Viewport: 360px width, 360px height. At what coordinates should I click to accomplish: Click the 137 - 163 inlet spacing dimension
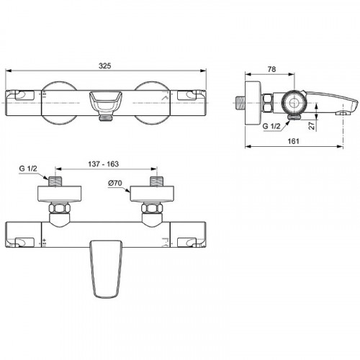coord(103,164)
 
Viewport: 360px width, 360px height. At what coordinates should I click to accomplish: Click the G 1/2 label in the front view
coord(28,169)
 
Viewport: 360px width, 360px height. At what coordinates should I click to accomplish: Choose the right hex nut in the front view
coord(152,210)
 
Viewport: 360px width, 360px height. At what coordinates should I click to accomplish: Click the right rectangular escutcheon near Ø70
coord(152,193)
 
